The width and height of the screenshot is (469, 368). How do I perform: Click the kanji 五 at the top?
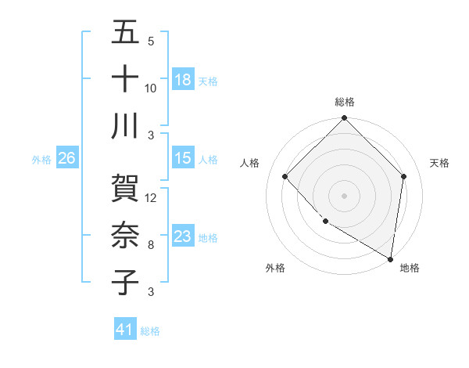[126, 34]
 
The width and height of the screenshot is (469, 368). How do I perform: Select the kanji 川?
[126, 125]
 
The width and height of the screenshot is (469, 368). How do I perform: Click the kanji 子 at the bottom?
[126, 281]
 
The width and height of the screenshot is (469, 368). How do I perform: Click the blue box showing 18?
[183, 79]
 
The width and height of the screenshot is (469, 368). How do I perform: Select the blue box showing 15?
[183, 158]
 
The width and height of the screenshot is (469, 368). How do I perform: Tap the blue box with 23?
[183, 236]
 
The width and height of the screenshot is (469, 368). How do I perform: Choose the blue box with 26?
[66, 158]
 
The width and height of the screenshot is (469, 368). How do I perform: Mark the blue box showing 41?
[125, 330]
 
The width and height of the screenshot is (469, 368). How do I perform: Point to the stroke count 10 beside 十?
[151, 88]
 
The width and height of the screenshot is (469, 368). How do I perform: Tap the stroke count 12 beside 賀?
[151, 198]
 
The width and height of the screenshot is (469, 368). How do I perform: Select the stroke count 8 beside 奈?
[150, 245]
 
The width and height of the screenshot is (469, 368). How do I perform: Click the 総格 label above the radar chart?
[345, 102]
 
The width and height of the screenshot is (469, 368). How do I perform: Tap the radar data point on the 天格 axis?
[404, 176]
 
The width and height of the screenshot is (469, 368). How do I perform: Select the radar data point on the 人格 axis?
[285, 176]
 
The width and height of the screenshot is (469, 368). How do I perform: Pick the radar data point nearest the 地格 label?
[391, 258]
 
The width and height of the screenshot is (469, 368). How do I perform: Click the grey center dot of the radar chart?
[345, 196]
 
